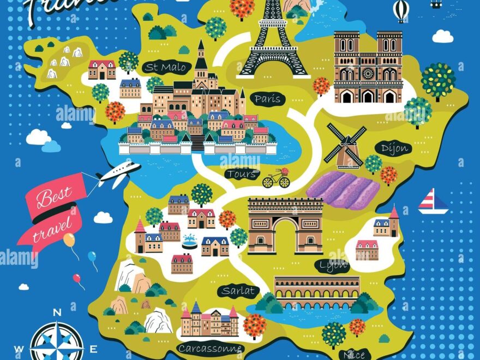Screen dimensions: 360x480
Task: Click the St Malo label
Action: [x=166, y=68]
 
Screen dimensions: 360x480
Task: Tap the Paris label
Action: [x=267, y=99]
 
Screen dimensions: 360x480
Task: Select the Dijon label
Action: [x=392, y=148]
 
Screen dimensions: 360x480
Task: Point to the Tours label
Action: [x=241, y=174]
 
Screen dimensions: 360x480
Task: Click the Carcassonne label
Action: [x=209, y=348]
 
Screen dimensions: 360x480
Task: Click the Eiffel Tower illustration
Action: [x=273, y=41]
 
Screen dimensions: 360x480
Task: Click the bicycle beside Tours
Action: [x=276, y=179]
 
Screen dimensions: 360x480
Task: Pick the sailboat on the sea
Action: [x=433, y=201]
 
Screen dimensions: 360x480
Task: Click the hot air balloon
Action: [x=401, y=10]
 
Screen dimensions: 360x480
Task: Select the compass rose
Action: [x=57, y=341]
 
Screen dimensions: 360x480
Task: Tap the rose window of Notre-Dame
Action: [x=368, y=73]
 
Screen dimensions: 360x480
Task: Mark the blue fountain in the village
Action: [x=190, y=241]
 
